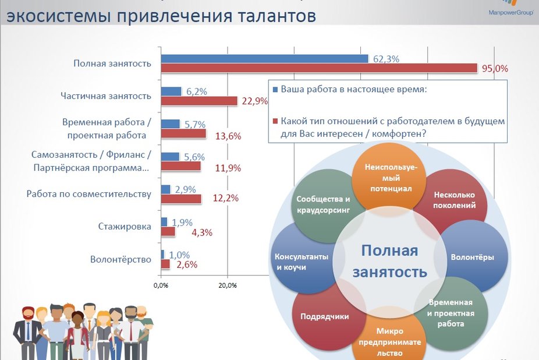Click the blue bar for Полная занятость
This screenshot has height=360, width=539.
tap(264, 59)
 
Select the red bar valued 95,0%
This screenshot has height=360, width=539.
tap(319, 69)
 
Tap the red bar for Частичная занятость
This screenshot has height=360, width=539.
tap(199, 101)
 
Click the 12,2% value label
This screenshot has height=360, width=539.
tap(226, 198)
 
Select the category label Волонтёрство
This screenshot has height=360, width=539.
tap(121, 259)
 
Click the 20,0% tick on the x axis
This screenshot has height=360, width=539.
tap(227, 285)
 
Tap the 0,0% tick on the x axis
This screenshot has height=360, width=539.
tap(161, 285)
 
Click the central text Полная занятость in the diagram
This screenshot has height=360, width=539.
tap(389, 261)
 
